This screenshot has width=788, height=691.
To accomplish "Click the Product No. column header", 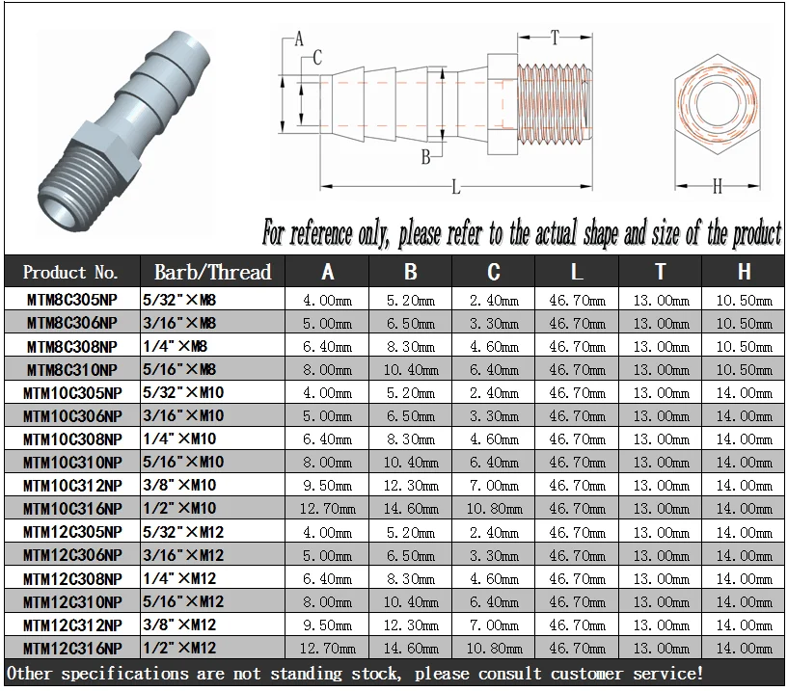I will click(x=71, y=272).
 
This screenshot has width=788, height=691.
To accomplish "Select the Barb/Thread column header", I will click(x=212, y=272).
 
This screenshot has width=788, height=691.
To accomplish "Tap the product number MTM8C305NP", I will click(x=72, y=300).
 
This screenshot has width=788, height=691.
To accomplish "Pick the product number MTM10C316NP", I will click(x=72, y=509).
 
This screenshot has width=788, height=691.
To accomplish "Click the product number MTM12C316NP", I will click(x=72, y=648).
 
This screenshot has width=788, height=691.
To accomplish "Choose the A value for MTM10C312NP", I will click(x=328, y=486).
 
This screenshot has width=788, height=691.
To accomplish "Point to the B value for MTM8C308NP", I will click(x=411, y=346).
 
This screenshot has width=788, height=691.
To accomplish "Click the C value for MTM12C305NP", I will click(x=493, y=532).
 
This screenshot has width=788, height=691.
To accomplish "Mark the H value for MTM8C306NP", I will click(x=744, y=323).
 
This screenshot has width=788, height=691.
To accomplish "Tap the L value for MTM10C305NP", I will click(x=577, y=392).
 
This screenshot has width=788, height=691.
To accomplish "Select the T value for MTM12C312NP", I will click(x=661, y=625).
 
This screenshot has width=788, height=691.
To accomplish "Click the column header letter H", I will click(x=744, y=272).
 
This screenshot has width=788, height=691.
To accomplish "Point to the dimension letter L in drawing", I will click(x=455, y=187).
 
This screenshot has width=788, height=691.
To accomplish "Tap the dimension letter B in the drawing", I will click(x=424, y=157).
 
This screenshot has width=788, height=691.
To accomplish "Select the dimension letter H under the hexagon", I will click(x=718, y=187).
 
